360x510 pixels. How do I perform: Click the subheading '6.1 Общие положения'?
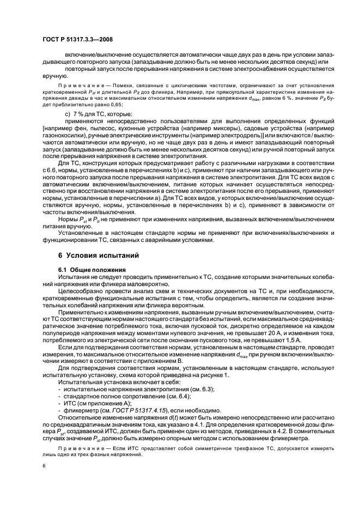click(91, 269)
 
